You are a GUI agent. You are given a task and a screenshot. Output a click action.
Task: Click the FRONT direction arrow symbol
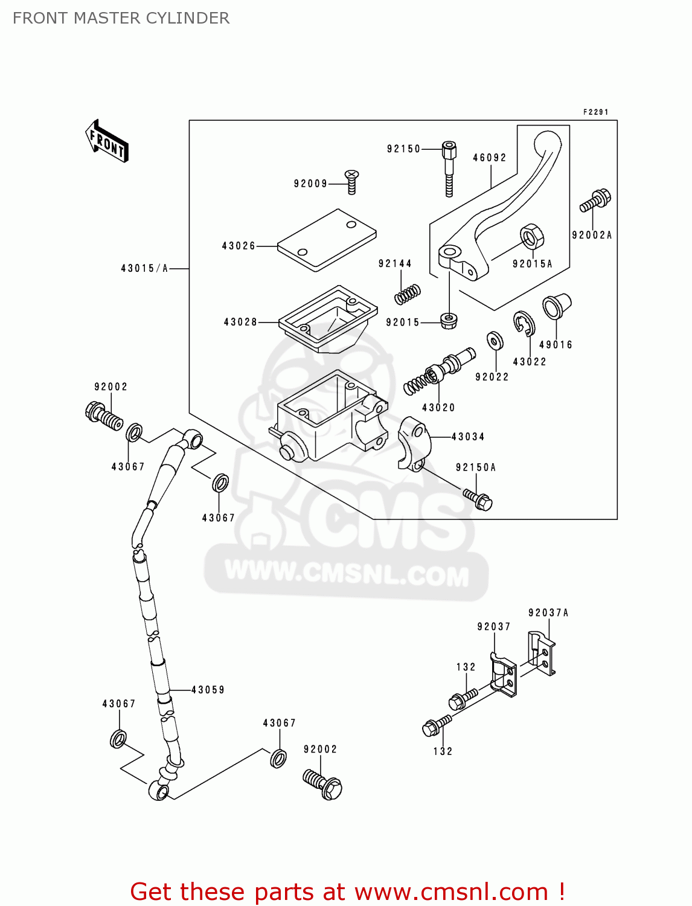pyautogui.click(x=107, y=141)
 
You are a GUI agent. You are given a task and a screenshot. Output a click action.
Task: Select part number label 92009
pyautogui.click(x=310, y=184)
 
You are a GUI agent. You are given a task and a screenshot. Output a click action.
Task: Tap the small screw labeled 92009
pyautogui.click(x=351, y=181)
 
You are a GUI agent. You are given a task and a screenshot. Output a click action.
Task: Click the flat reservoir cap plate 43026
pyautogui.click(x=327, y=240)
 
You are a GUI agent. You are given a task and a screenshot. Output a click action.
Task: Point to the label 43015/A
pyautogui.click(x=144, y=268)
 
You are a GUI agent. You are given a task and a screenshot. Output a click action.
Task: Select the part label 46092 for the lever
pyautogui.click(x=489, y=158)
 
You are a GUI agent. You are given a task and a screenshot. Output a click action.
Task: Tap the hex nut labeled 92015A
pyautogui.click(x=531, y=236)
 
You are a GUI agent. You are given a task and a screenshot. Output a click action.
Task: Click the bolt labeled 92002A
pyautogui.click(x=595, y=201)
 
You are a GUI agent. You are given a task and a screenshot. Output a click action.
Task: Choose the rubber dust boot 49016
pyautogui.click(x=556, y=306)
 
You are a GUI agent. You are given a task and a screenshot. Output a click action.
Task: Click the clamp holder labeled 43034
pyautogui.click(x=413, y=443)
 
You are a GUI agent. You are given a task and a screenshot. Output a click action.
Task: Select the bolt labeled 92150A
pyautogui.click(x=478, y=498)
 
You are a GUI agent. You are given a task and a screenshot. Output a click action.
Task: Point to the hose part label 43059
pyautogui.click(x=208, y=690)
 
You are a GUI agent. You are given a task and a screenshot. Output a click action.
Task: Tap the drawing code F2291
pyautogui.click(x=595, y=112)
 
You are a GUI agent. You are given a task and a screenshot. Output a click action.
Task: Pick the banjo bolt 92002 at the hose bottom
pyautogui.click(x=322, y=783)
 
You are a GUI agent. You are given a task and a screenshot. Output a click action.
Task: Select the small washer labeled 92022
pyautogui.click(x=495, y=341)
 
